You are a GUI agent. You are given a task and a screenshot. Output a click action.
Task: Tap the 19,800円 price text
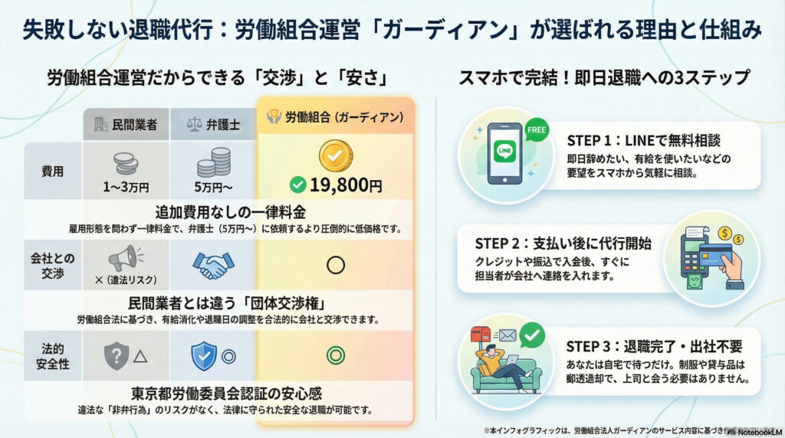335,184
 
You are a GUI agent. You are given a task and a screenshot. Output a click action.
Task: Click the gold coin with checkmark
334,155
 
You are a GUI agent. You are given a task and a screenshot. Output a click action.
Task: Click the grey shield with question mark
115,355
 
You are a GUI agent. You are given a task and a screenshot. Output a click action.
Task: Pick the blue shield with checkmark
201,355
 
